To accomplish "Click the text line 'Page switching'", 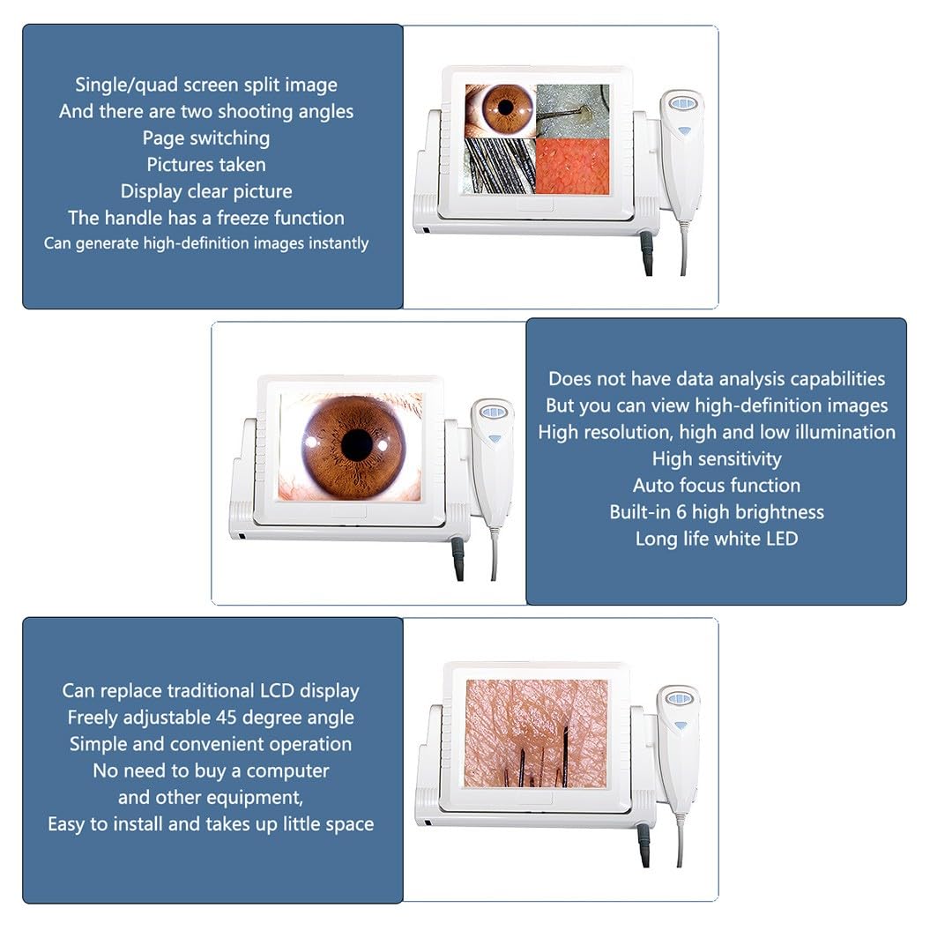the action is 205,138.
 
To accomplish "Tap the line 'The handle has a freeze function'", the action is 205,218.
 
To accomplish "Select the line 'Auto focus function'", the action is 717,485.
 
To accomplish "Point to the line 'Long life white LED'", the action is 717,539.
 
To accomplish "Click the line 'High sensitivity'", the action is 717,459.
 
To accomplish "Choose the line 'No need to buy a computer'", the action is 211,770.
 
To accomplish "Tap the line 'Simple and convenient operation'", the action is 211,744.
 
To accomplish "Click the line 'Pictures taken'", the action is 205,164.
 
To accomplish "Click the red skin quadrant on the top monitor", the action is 572,166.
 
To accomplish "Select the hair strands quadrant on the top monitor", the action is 500,166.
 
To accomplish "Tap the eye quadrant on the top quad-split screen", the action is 500,111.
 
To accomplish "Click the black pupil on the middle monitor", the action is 357,444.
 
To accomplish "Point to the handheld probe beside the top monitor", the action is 681,155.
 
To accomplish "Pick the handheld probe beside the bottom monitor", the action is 679,750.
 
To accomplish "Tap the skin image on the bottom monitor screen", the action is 536,733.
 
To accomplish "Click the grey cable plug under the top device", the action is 646,252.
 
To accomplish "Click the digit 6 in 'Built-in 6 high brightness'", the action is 681,512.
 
